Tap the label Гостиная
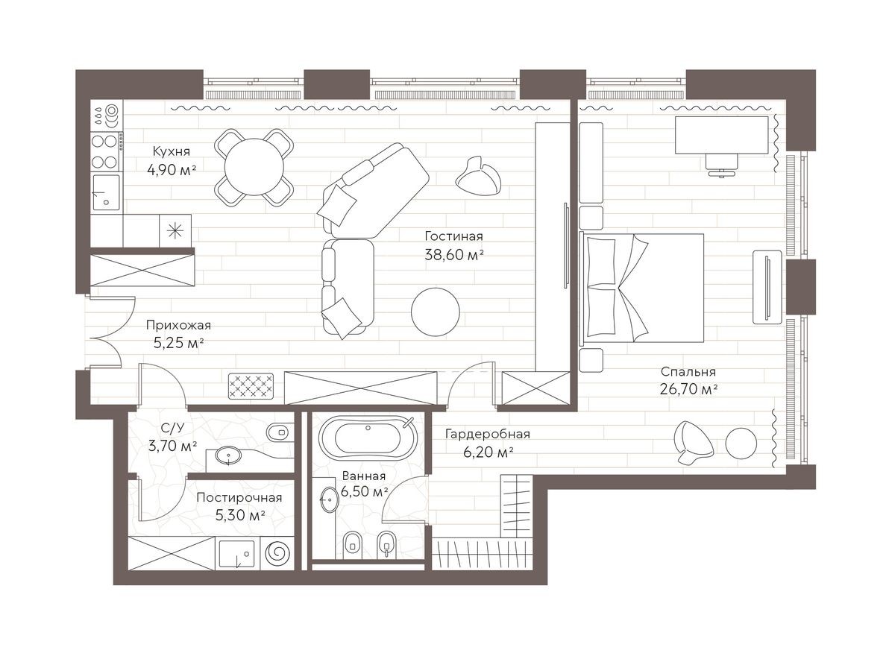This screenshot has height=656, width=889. tap(453, 236)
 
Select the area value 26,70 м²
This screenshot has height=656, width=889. tap(688, 388)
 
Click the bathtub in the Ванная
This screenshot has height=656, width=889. tap(366, 438)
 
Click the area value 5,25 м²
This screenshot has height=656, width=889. tap(175, 343)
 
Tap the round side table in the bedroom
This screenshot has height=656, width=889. tap(742, 444)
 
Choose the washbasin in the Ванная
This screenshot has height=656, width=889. tap(328, 497)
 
